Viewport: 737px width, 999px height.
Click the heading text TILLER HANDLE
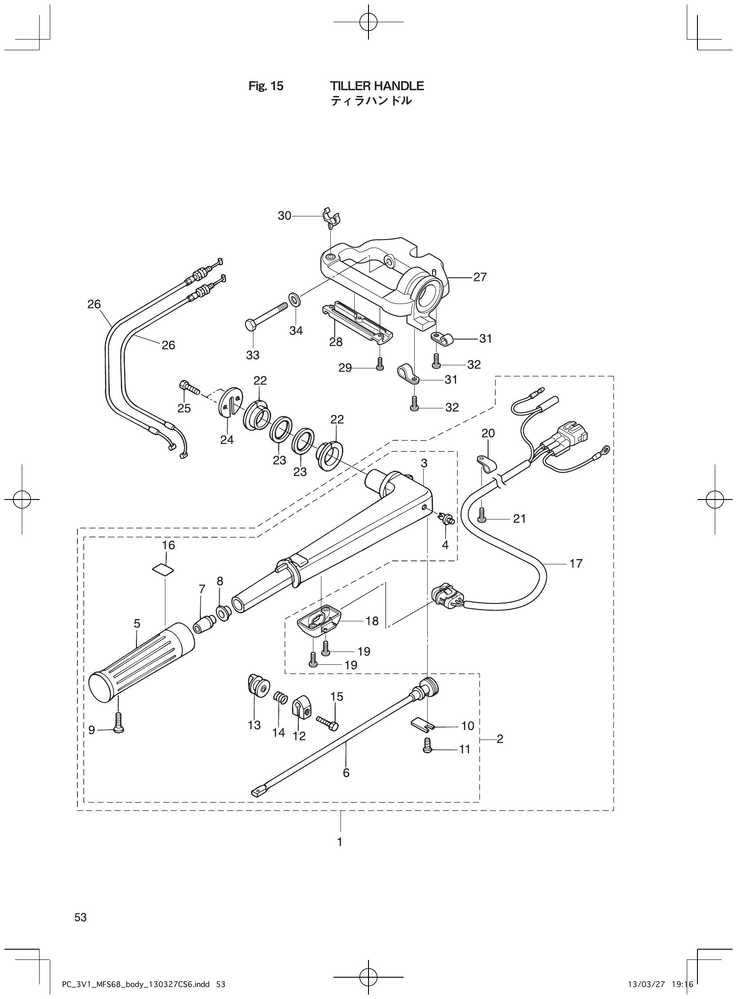377,86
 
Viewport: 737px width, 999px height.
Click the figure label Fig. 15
265,87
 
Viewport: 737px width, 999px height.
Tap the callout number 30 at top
284,216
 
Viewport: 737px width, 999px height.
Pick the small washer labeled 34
294,298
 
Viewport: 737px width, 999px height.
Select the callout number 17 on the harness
576,563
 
